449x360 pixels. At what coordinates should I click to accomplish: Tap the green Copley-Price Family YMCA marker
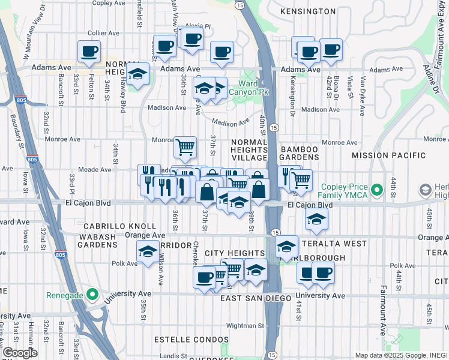pos(377,190)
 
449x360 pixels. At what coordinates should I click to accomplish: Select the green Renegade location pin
pos(91,294)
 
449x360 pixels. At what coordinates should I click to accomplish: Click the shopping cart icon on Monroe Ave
pos(185,145)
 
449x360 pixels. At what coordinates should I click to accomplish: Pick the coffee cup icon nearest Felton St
pos(89,51)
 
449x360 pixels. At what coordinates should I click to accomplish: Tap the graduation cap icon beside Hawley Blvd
pos(138,74)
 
